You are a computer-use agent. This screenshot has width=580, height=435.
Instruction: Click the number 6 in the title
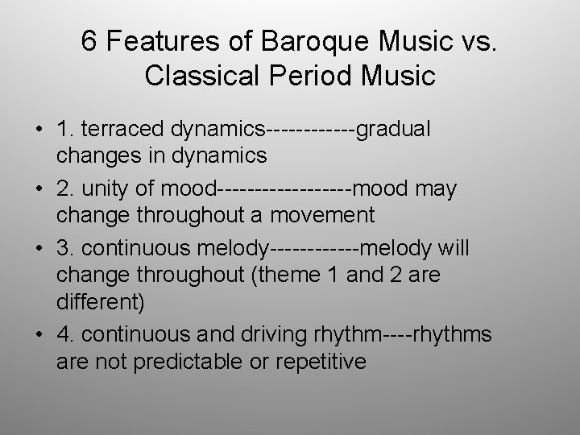pos(90,42)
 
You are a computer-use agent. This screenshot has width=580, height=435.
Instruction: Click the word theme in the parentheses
pos(289,275)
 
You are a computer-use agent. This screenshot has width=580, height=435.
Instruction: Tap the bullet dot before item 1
pos(39,130)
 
